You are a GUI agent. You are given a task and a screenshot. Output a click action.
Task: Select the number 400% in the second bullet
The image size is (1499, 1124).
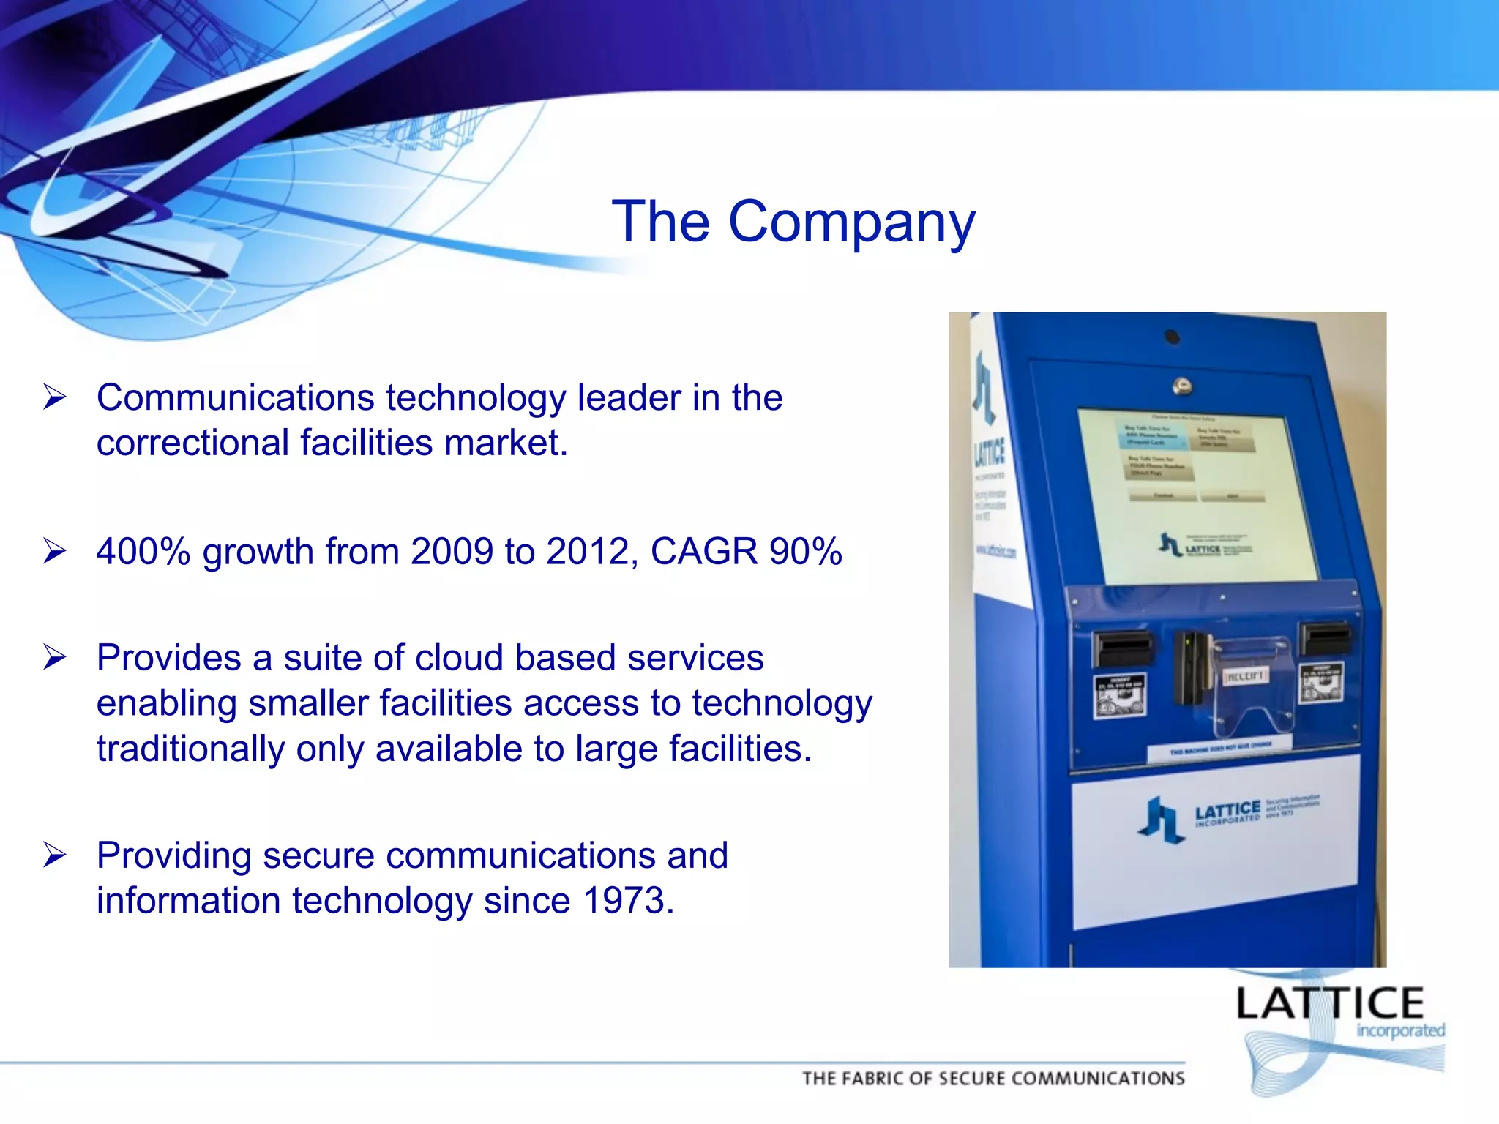click(x=143, y=552)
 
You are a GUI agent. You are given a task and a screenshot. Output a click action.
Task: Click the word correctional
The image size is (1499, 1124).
click(x=192, y=443)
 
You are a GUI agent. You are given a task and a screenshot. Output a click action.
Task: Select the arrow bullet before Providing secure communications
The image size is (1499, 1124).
click(x=55, y=855)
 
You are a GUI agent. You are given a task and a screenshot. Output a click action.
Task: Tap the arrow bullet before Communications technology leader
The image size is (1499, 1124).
click(x=55, y=397)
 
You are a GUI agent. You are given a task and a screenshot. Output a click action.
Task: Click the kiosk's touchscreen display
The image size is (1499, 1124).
click(x=1200, y=498)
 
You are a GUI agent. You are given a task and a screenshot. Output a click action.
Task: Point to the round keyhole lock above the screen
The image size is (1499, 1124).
click(x=1181, y=385)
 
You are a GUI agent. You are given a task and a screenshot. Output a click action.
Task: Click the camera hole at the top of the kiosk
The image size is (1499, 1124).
click(x=1172, y=337)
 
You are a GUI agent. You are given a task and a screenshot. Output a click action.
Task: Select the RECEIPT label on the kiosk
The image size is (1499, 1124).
click(x=1246, y=675)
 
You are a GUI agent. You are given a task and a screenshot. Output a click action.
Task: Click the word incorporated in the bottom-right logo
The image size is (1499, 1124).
click(x=1400, y=1031)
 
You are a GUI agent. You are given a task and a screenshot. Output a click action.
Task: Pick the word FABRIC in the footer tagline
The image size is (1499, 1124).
click(x=874, y=1079)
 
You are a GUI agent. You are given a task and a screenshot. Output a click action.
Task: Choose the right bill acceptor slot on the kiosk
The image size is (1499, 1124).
click(x=1324, y=638)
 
